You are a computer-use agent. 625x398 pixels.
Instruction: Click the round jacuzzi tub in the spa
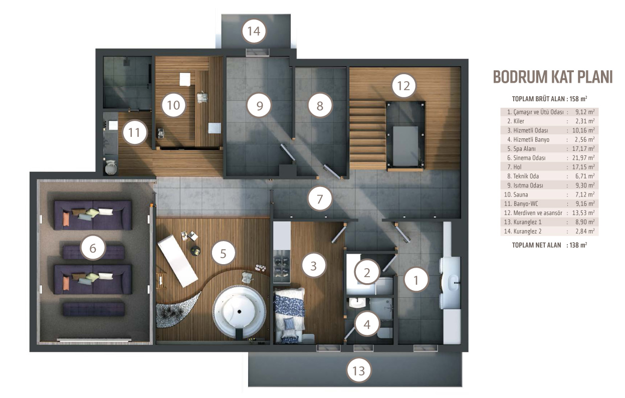239,312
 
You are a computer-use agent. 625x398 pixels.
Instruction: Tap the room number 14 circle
254,31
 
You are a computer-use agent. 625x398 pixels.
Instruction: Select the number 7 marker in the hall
320,198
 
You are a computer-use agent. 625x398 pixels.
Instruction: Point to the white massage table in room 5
178,261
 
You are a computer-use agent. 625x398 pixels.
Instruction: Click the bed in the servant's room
290,315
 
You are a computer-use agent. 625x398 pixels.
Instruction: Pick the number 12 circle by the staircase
404,86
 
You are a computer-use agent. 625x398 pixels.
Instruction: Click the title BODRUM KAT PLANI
552,77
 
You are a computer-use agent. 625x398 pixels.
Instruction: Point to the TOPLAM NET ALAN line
549,245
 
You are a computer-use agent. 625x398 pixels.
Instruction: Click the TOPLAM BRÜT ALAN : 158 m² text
549,99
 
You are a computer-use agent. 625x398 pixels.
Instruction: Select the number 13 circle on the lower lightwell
359,370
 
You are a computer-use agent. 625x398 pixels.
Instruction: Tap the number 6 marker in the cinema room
93,248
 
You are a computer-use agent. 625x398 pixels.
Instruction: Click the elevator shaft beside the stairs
405,136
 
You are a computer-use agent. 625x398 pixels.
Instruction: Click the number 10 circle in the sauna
173,105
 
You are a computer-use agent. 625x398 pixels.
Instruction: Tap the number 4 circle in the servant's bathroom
367,324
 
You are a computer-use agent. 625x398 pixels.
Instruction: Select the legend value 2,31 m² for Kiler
585,121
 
